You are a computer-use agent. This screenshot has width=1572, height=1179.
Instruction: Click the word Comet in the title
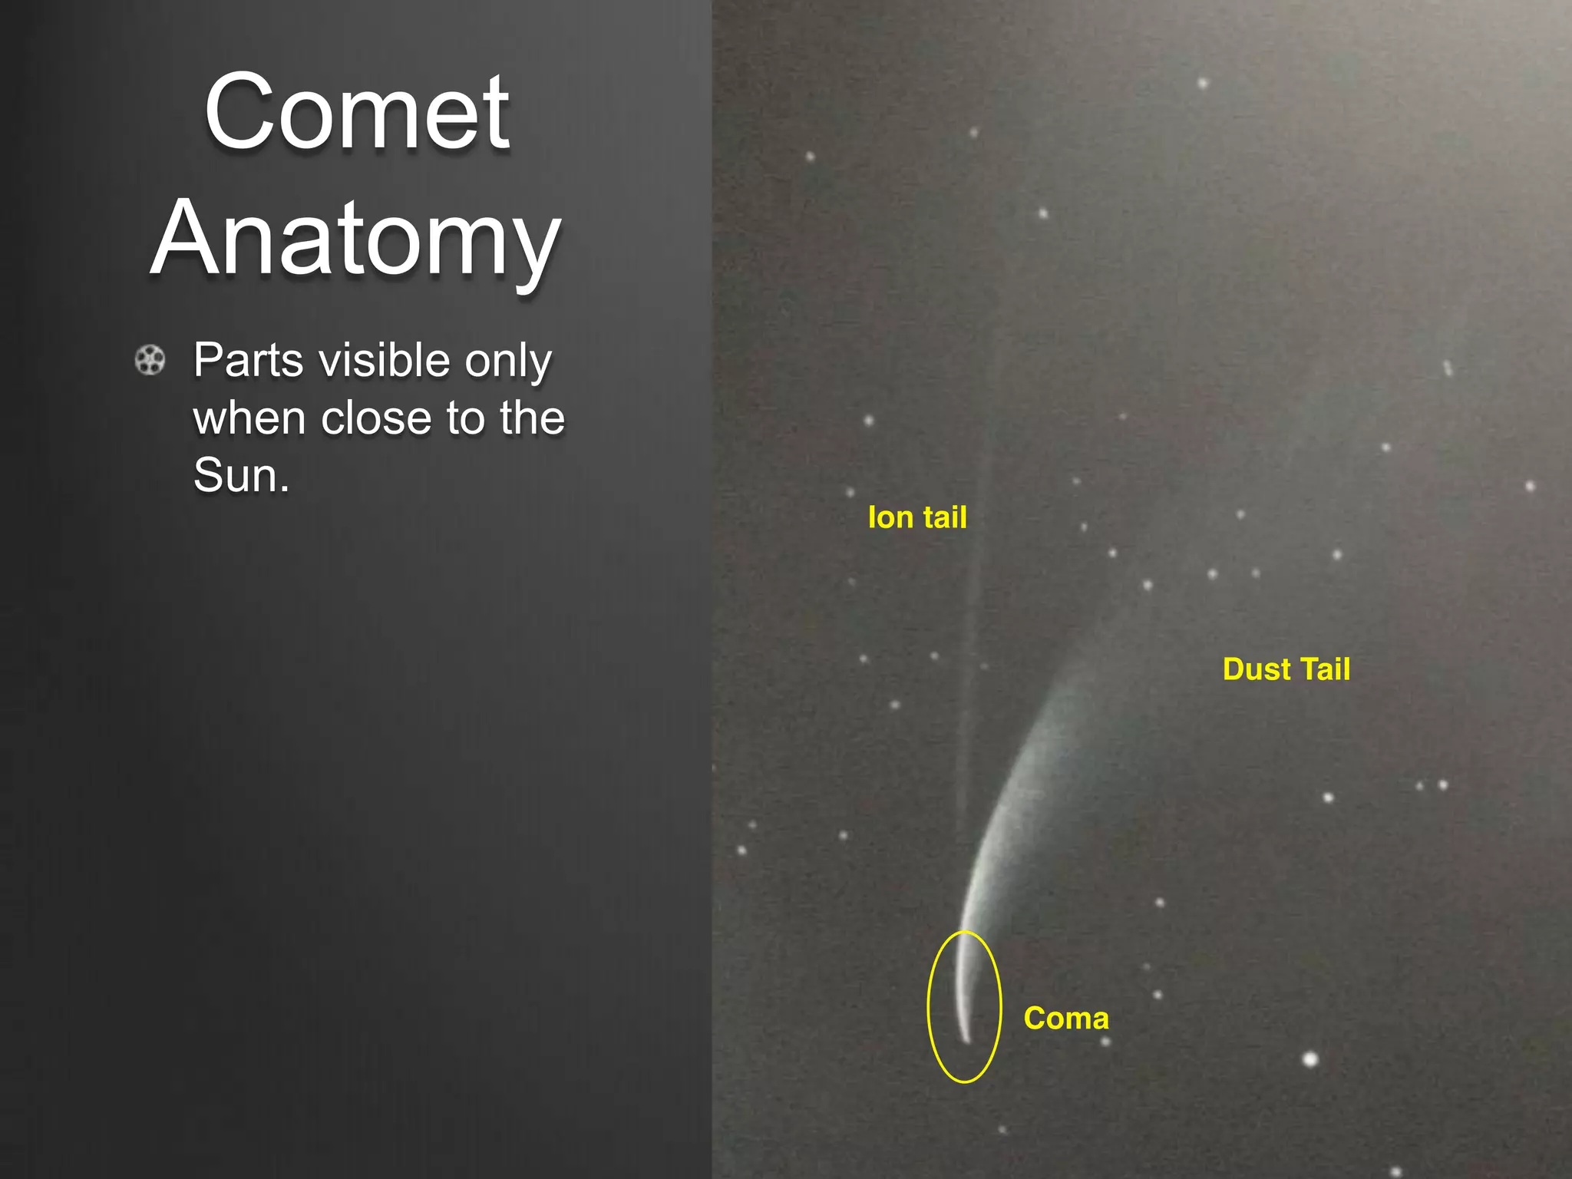(x=357, y=113)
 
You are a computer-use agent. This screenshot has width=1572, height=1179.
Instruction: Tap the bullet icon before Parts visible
(x=150, y=360)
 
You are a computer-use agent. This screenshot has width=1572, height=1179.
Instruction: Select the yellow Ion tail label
(x=917, y=517)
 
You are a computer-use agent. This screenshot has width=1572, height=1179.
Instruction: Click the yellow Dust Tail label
(x=1286, y=669)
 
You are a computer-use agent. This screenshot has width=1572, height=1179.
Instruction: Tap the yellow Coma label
(x=1066, y=1019)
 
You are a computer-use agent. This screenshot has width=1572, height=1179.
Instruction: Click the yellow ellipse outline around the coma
(x=928, y=1006)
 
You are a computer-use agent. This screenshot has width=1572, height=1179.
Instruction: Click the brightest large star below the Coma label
(x=1310, y=1060)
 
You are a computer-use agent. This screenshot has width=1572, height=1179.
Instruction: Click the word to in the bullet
(x=467, y=418)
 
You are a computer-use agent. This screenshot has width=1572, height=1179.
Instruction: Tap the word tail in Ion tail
(x=945, y=517)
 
